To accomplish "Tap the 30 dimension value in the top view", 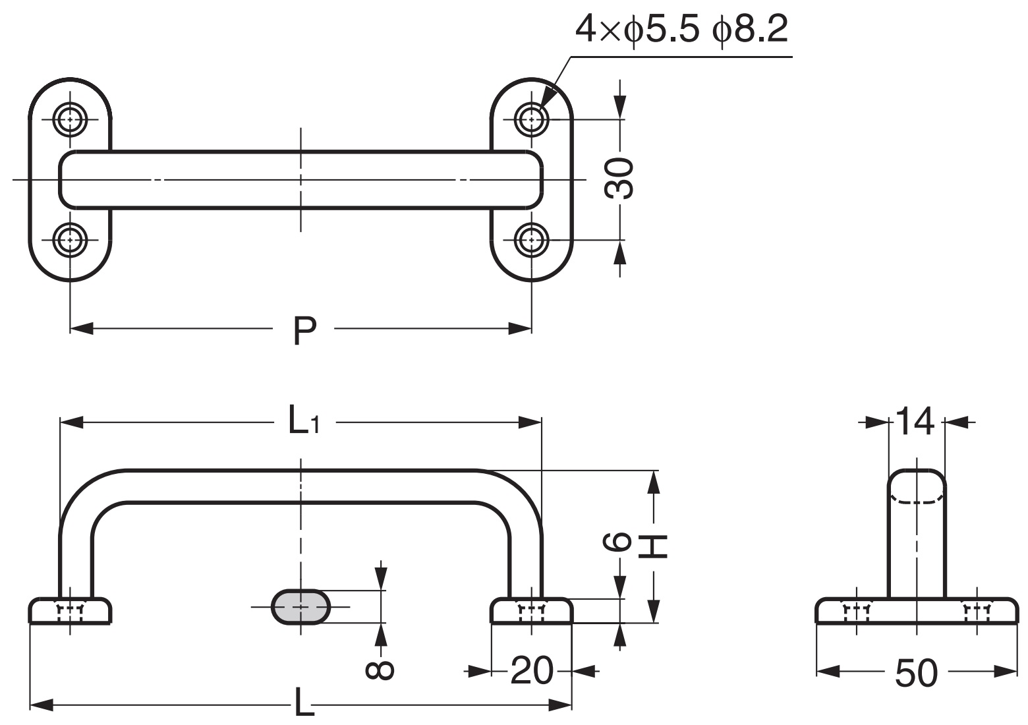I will (x=620, y=179).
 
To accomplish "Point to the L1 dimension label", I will (x=304, y=422).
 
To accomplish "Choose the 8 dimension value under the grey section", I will (x=380, y=670).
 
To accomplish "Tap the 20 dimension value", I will (x=531, y=672).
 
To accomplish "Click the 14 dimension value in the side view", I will (x=916, y=422).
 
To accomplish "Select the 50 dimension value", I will (x=916, y=673).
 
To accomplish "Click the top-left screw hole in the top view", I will (x=70, y=119).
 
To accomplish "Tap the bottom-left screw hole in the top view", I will (x=70, y=240).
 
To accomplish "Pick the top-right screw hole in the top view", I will (x=531, y=119).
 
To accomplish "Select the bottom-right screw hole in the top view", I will (x=531, y=240).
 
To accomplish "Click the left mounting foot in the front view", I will (x=70, y=611).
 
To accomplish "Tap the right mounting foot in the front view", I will (x=531, y=611).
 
